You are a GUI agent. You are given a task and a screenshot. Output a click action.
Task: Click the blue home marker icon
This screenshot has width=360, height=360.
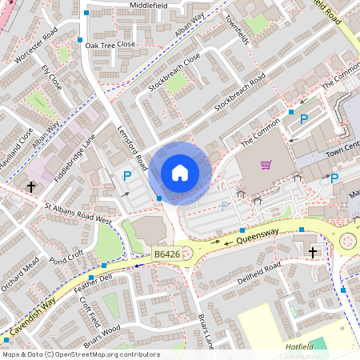pyautogui.click(x=180, y=172)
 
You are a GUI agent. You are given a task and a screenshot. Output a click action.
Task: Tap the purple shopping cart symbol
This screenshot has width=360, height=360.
pyautogui.click(x=266, y=166)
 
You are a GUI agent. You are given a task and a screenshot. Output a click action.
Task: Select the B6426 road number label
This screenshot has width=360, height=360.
pyautogui.click(x=166, y=254)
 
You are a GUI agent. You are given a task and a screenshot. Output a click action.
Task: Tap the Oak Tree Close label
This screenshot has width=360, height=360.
pyautogui.click(x=110, y=46)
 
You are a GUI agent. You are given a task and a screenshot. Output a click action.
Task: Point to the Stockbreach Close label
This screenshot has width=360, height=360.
pyautogui.click(x=174, y=74)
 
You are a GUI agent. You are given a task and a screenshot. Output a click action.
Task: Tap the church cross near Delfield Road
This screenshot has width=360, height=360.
pyautogui.click(x=312, y=252)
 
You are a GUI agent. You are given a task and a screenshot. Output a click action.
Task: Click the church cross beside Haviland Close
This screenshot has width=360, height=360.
pyautogui.click(x=32, y=186)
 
